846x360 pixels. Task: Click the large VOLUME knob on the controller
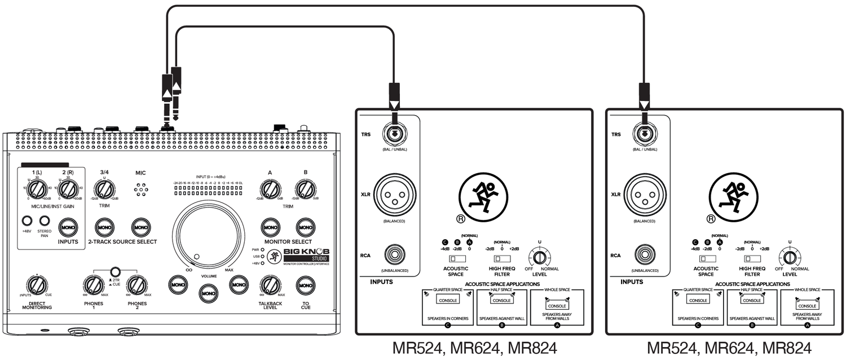pos(209,230)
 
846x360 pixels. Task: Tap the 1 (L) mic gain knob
pos(37,189)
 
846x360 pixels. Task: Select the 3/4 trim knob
pos(104,188)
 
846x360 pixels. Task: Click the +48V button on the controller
pos(27,221)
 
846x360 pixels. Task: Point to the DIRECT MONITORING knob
pos(37,285)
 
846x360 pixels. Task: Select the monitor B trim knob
pos(305,188)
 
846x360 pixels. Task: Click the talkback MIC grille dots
pos(141,190)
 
